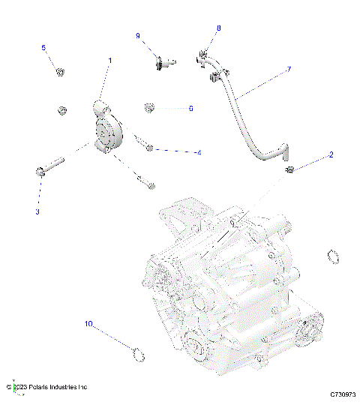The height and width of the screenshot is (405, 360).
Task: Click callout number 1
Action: pyautogui.click(x=110, y=59)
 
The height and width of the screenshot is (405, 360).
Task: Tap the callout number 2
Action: pyautogui.click(x=330, y=156)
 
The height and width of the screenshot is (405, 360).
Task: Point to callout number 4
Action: pyautogui.click(x=199, y=153)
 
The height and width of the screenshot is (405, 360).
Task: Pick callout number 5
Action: pyautogui.click(x=43, y=48)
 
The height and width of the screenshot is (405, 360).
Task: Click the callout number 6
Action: pyautogui.click(x=190, y=109)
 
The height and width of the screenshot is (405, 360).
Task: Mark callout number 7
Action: pyautogui.click(x=288, y=70)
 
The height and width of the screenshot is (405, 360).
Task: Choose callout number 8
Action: pyautogui.click(x=219, y=28)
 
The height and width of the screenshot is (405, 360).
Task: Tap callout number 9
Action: pyautogui.click(x=138, y=36)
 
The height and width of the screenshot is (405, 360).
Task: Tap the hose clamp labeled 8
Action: pyautogui.click(x=205, y=55)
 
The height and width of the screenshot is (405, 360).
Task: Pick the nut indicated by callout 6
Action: pyautogui.click(x=149, y=108)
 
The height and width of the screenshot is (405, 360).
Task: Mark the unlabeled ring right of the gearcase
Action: pyautogui.click(x=332, y=257)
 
